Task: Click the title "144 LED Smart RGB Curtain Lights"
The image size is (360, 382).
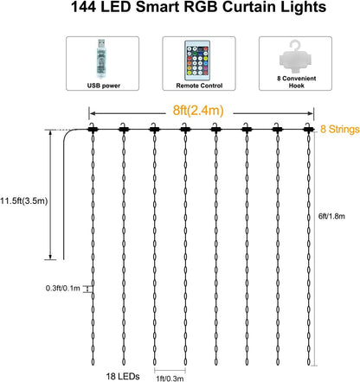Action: click(180, 10)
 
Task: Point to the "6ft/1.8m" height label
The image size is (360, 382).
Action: click(339, 218)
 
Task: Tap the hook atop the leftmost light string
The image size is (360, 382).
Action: click(92, 128)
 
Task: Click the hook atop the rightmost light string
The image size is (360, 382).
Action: click(307, 128)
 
